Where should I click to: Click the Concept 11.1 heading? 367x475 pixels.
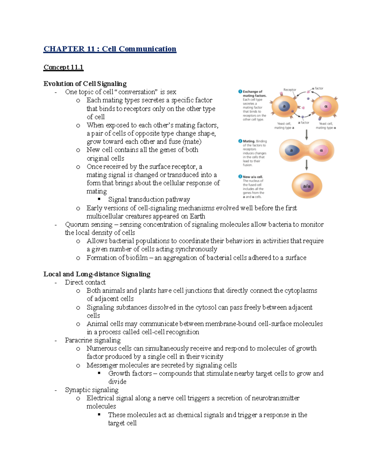(63, 67)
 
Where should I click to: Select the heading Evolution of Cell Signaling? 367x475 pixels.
(85, 84)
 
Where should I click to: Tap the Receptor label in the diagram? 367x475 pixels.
(289, 90)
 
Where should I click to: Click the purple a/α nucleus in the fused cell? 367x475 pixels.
(306, 186)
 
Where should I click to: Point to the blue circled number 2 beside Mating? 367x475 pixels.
(240, 141)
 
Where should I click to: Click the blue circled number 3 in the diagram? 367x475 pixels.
(240, 176)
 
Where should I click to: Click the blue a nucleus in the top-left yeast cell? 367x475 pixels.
(284, 106)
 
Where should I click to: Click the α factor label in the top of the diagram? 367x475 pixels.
(318, 88)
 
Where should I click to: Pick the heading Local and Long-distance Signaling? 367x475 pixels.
(97, 274)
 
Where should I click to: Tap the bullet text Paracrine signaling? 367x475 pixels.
(93, 340)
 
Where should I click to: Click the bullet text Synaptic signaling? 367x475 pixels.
(91, 390)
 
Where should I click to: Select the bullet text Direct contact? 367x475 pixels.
(85, 282)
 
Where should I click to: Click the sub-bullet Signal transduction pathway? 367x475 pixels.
(149, 200)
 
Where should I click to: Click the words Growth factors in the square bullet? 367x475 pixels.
(130, 373)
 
